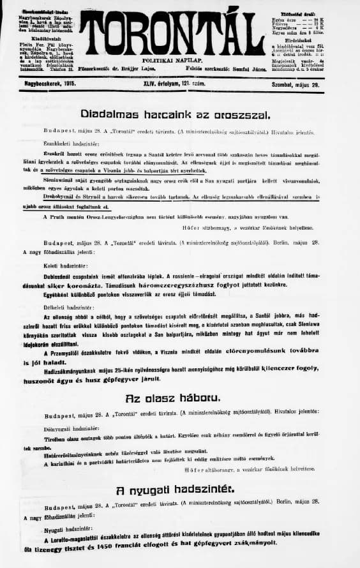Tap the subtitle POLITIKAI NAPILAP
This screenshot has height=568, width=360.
(176, 59)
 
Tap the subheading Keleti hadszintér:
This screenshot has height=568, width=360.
(58, 265)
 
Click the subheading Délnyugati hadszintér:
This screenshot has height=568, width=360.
(63, 429)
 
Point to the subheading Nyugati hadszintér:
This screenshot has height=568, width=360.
(63, 530)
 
